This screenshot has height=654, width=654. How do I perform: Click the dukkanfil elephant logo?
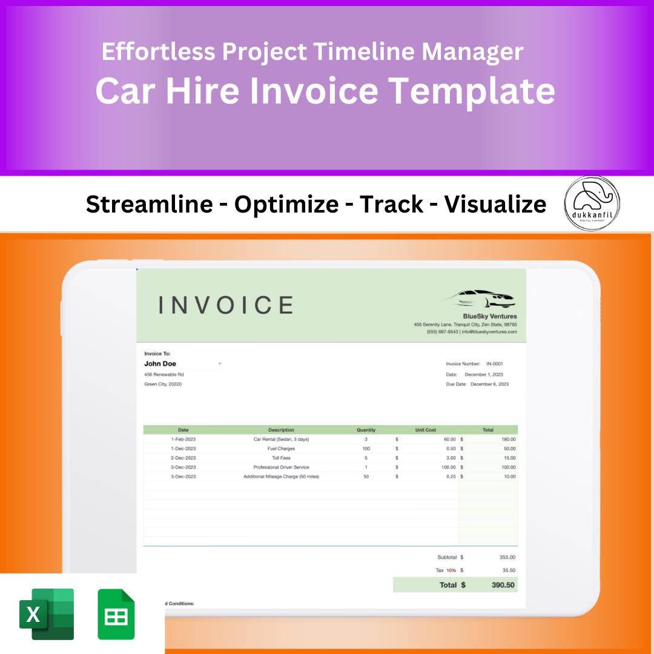592,203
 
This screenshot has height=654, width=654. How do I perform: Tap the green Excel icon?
47,614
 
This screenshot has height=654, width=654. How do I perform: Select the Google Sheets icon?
116,614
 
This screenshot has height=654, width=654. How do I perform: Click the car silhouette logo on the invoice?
481,298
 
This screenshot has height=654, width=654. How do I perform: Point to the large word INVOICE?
226,305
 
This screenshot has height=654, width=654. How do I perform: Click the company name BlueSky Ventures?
490,316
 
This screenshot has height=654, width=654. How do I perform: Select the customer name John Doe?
160,364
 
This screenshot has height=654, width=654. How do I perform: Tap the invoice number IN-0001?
494,364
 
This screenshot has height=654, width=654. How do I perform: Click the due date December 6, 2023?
489,384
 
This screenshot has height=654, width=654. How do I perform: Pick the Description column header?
281,430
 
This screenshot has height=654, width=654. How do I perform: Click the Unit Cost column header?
425,430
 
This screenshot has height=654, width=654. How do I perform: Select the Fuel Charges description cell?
281,449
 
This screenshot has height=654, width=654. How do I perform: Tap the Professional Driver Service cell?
281,467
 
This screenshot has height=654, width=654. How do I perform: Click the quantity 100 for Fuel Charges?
366,449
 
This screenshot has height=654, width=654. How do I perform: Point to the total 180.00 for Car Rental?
508,439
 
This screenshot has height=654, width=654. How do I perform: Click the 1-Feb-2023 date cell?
183,439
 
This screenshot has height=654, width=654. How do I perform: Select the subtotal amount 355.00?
507,557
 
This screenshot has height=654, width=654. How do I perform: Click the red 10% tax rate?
451,570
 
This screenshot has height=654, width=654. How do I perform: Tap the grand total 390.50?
503,585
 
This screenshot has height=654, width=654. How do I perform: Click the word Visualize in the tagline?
495,205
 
